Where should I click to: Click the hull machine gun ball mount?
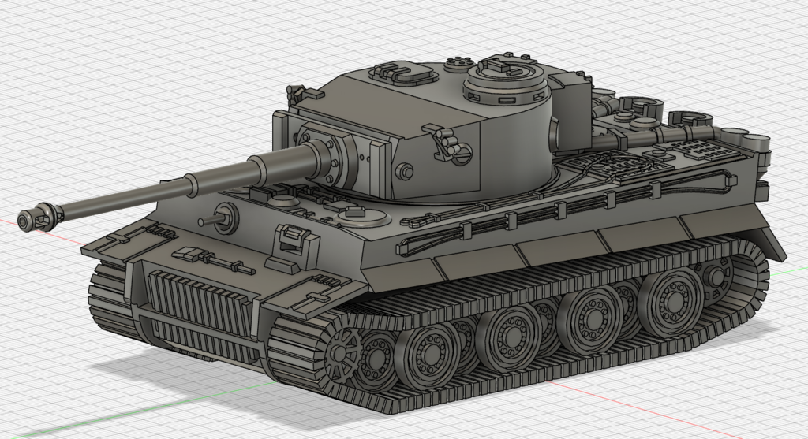click(x=223, y=217)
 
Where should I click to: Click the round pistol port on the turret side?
click(x=405, y=169)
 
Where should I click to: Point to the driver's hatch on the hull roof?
click(x=353, y=215)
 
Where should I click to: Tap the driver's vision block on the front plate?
click(x=290, y=236)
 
